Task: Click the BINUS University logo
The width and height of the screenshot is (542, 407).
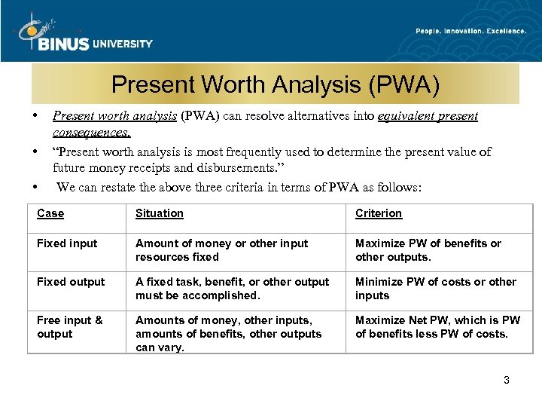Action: click(x=83, y=34)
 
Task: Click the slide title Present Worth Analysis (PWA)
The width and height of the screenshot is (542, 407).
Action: click(x=276, y=84)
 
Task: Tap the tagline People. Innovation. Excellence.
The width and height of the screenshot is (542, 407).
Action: click(x=470, y=31)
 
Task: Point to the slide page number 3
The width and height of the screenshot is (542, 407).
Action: click(x=507, y=380)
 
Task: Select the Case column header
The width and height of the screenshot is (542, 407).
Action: click(x=50, y=213)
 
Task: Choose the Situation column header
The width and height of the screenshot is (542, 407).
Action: click(x=160, y=213)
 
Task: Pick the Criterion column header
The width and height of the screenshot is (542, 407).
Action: click(x=379, y=213)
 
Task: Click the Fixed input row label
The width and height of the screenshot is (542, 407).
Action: click(x=67, y=243)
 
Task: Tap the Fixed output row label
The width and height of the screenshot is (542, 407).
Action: click(x=71, y=282)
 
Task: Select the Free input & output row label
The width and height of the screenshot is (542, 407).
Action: click(x=69, y=327)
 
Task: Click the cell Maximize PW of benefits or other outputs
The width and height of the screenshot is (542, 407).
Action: click(x=428, y=250)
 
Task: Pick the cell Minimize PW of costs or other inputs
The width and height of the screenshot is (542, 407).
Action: click(x=435, y=289)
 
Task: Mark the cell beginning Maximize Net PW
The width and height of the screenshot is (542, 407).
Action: click(x=437, y=327)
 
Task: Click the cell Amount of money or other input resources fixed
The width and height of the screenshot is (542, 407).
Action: click(x=221, y=250)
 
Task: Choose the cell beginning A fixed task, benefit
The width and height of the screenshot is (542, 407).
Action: click(x=232, y=289)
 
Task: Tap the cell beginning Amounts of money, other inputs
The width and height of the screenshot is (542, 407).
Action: click(x=228, y=334)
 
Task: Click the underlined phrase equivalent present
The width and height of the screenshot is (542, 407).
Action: click(x=428, y=116)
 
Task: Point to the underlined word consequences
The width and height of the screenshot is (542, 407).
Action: click(x=91, y=133)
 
